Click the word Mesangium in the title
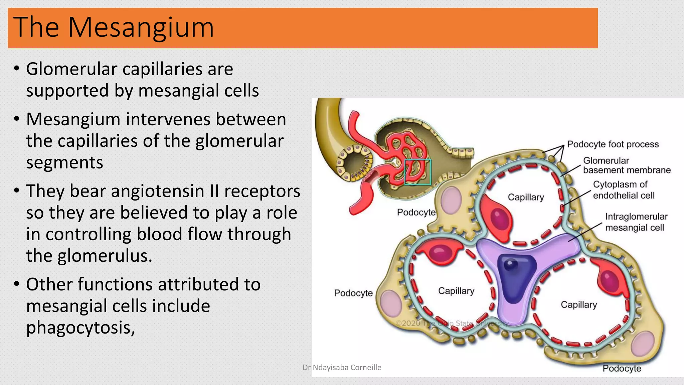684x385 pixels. click(x=141, y=27)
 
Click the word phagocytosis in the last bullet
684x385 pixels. click(x=80, y=328)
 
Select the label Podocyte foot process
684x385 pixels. click(x=613, y=144)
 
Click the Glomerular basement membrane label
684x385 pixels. click(x=627, y=165)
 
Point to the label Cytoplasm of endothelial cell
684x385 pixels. click(x=623, y=190)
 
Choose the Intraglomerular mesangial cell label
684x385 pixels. click(x=636, y=222)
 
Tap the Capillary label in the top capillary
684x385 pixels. click(x=526, y=197)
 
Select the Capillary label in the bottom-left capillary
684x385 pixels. click(x=456, y=291)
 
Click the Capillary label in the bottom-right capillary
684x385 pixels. click(x=578, y=305)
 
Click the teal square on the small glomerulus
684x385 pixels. click(x=417, y=172)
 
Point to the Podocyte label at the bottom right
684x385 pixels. click(x=622, y=368)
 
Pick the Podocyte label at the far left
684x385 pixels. click(x=353, y=293)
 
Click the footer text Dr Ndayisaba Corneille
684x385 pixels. click(x=342, y=368)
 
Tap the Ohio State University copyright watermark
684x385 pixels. click(x=452, y=323)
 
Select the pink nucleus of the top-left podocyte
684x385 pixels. click(x=451, y=200)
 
